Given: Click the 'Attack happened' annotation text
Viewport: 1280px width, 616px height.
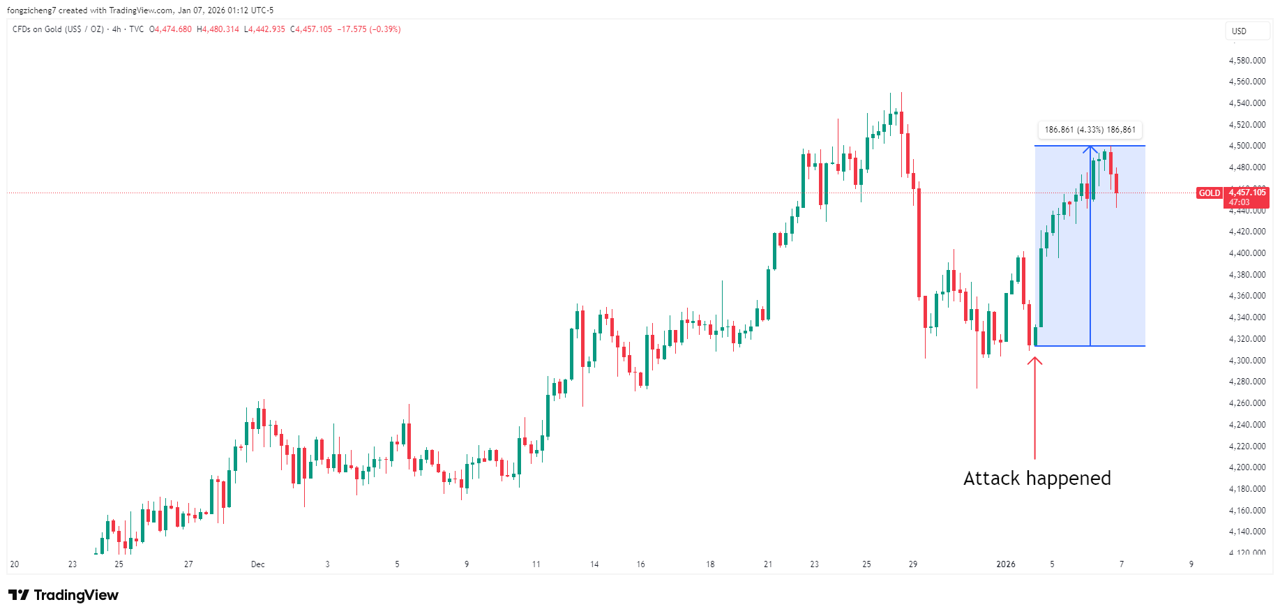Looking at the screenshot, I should point(1037,479).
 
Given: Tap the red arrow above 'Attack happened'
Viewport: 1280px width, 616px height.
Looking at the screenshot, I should point(1034,407).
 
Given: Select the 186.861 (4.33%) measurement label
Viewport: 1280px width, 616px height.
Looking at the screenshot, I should point(1090,130).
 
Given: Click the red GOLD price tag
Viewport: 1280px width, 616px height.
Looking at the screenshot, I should point(1209,193).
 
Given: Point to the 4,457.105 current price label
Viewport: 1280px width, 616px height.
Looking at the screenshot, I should point(1247,193).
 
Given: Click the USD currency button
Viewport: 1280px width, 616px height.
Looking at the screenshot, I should point(1239,31).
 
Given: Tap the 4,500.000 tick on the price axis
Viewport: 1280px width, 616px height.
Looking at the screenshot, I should point(1247,146).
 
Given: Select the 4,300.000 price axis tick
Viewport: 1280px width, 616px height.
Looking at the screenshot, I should point(1247,361).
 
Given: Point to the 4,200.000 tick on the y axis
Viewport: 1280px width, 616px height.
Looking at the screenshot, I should point(1247,467).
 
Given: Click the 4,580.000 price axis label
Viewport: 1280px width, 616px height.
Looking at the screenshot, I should point(1247,61).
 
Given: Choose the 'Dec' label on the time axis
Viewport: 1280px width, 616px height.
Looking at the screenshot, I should point(258,564).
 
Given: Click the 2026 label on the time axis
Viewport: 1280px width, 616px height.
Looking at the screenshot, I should point(1005,564).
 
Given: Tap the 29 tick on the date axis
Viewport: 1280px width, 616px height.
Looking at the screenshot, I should point(913,564).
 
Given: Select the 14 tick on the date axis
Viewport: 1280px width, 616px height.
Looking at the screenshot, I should point(594,564).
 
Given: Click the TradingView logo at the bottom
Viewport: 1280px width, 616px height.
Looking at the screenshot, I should point(63,595).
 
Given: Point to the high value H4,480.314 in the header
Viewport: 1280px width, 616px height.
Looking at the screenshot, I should point(218,29).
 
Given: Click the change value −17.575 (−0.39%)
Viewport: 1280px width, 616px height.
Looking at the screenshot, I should point(369,29).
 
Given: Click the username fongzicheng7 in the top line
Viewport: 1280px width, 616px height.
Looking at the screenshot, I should point(31,10).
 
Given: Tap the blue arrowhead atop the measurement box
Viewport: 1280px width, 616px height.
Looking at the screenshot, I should point(1090,149).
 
